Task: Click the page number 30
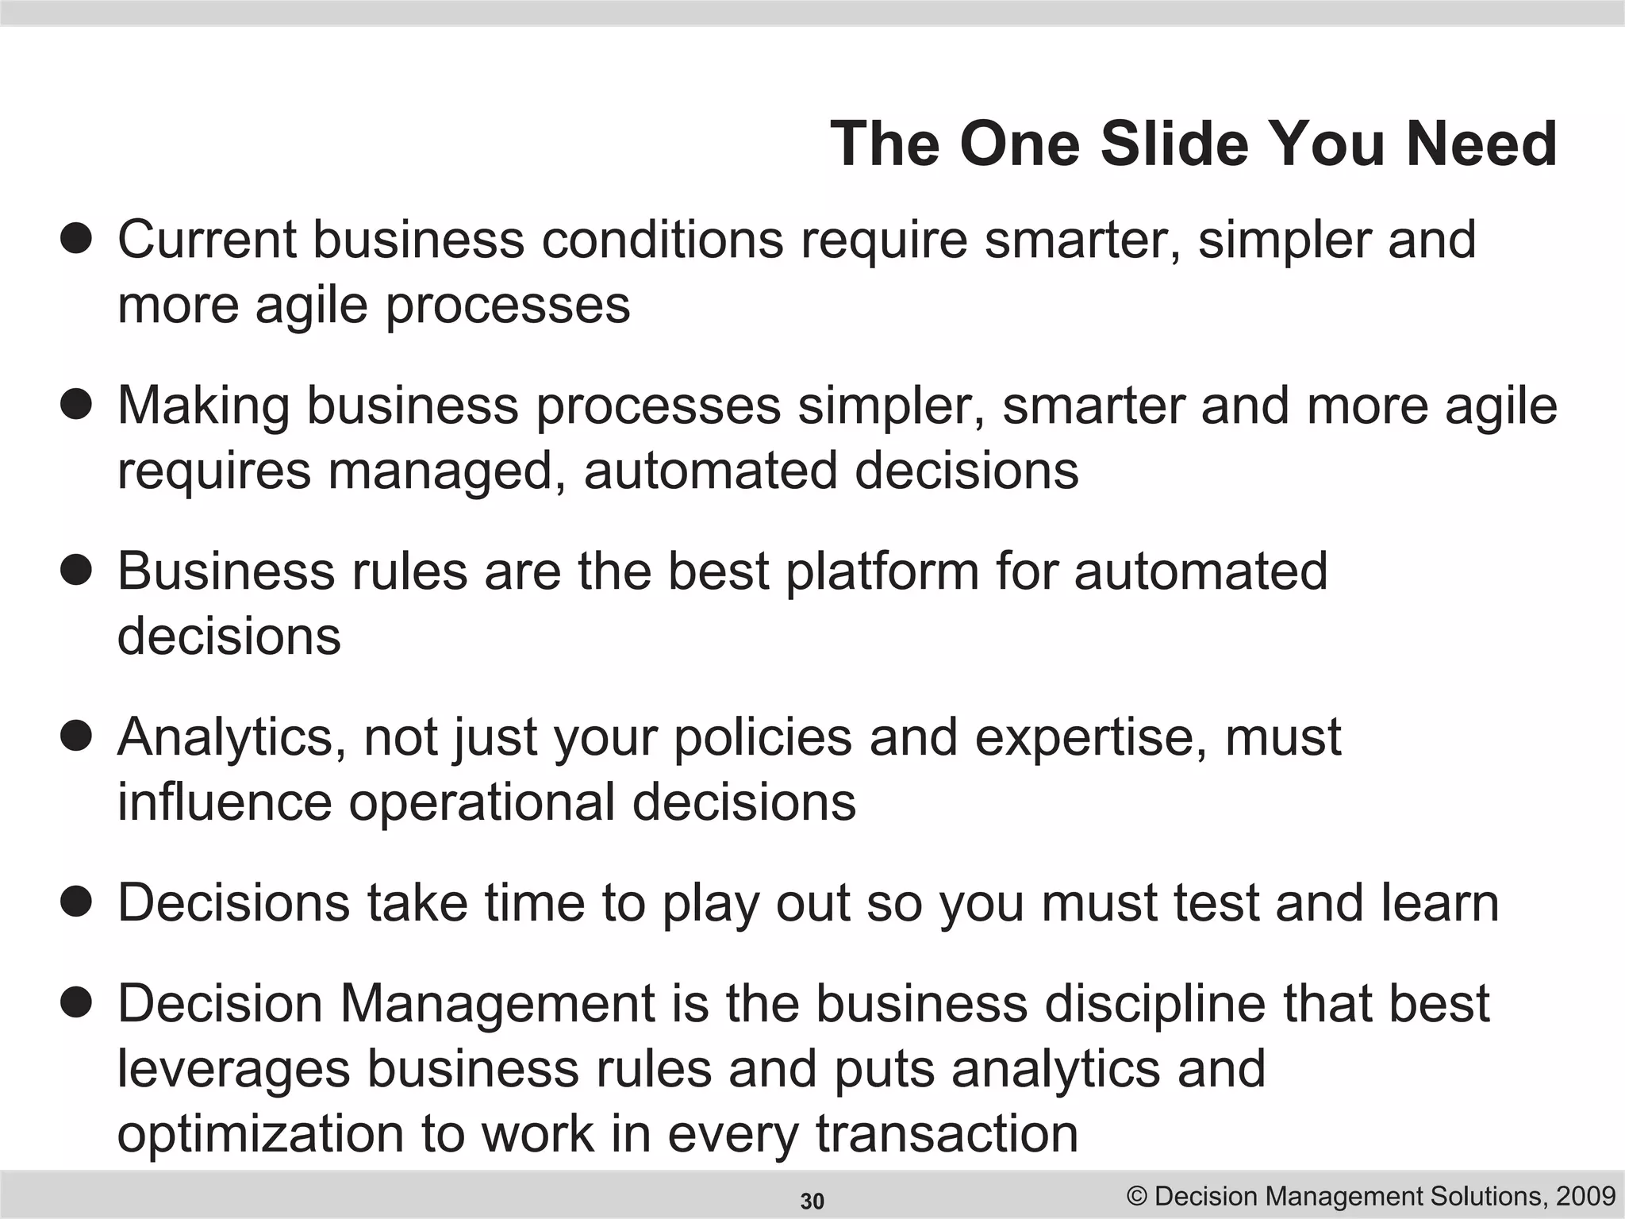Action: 812,1202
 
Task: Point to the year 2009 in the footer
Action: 1586,1195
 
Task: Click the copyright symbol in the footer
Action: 1138,1196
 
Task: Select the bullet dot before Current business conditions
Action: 76,238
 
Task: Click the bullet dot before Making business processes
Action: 76,404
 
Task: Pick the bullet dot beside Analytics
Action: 76,736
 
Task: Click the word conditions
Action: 663,239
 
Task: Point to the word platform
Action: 882,571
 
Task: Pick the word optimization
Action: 260,1134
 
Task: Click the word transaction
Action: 947,1134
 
